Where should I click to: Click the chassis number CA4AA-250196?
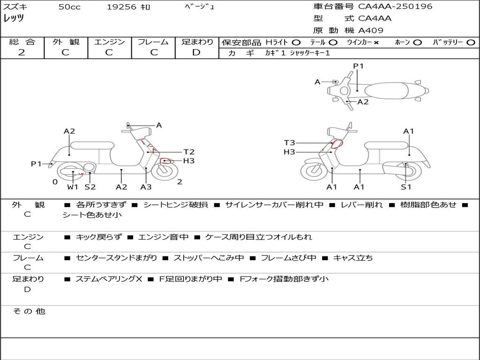click(395, 7)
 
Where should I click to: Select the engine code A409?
click(371, 30)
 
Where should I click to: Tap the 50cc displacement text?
click(69, 7)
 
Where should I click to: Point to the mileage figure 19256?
click(121, 7)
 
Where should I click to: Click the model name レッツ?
click(14, 18)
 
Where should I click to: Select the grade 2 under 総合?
click(22, 52)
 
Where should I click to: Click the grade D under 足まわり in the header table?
click(196, 52)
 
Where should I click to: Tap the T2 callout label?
click(189, 152)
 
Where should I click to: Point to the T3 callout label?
click(289, 143)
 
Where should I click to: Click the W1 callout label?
click(73, 187)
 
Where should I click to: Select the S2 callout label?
click(90, 187)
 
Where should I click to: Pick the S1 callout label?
click(406, 187)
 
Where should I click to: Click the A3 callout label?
click(146, 187)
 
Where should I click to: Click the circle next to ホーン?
click(417, 43)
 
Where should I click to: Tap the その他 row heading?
click(29, 311)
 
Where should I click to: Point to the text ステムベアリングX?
click(109, 279)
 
